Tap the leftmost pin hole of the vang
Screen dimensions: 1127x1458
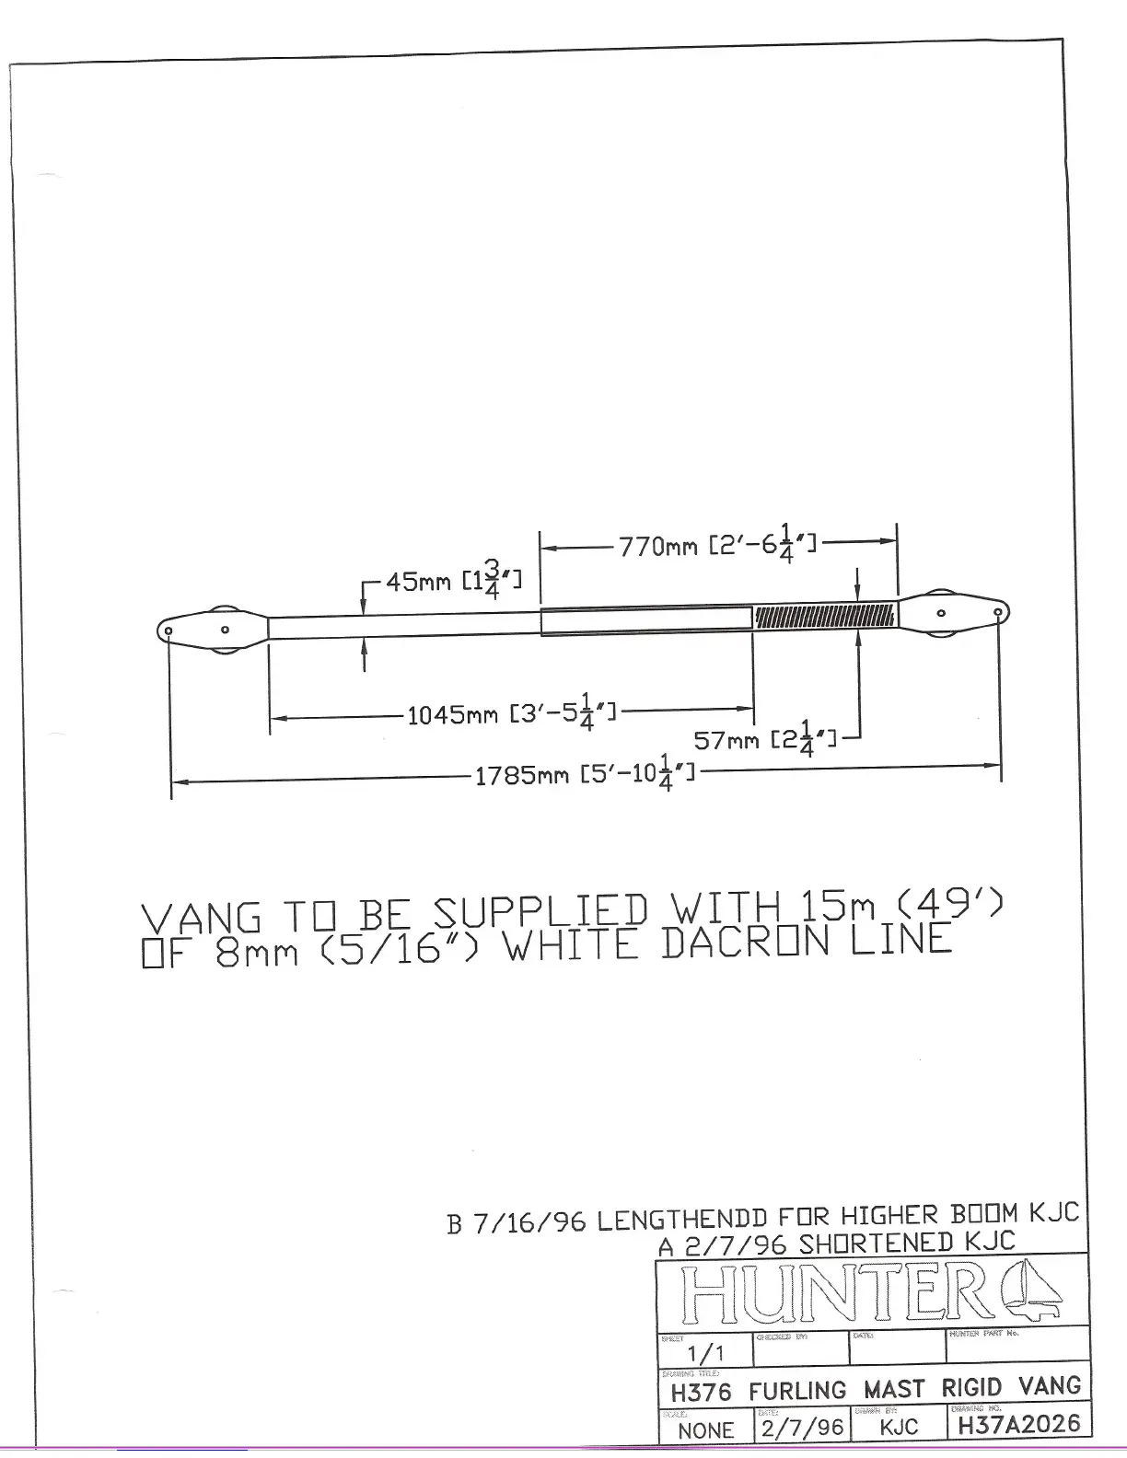tap(169, 631)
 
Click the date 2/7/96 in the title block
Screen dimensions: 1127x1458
tap(801, 1427)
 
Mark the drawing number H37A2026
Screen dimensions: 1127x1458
tap(1018, 1426)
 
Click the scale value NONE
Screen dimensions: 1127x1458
tap(705, 1430)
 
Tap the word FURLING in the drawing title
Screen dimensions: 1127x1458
tap(797, 1390)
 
